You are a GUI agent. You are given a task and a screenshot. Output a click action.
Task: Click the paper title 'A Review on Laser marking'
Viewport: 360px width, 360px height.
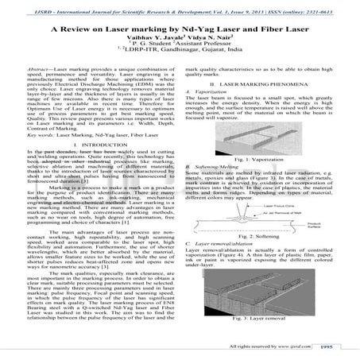[x=180, y=28]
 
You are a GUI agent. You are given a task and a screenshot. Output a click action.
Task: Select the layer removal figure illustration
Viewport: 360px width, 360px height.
[x=262, y=293]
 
